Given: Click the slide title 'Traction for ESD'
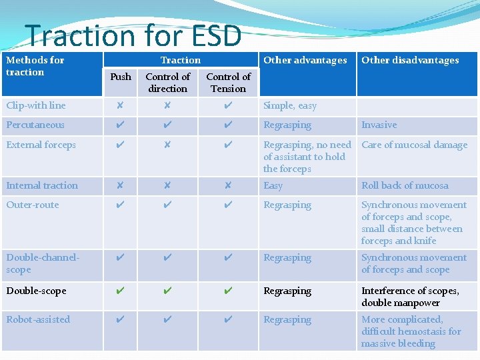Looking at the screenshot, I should [133, 35].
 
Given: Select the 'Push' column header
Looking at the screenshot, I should [121, 77].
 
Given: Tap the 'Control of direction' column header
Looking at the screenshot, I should [167, 83].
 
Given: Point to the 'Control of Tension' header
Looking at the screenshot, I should [228, 83].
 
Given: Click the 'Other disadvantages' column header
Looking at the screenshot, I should [410, 60].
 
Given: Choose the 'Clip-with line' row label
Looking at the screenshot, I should [36, 105].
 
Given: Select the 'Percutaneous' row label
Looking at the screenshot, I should [35, 125].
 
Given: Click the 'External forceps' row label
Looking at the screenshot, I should [41, 145].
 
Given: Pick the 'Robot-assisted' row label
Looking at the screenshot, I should [38, 319].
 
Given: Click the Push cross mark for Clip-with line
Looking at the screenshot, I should [120, 106].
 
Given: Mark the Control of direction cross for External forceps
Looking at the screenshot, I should [167, 145].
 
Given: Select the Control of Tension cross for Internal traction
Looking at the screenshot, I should [228, 186].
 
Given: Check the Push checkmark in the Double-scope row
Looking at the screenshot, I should [120, 291].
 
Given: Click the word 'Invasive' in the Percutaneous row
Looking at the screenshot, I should [379, 125].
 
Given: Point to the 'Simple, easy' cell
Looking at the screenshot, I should [290, 105].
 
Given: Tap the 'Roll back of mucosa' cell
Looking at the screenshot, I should [405, 185].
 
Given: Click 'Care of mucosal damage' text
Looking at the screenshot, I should [414, 145].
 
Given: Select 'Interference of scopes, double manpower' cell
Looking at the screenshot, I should [410, 297].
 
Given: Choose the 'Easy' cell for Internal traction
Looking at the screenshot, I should [273, 186].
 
